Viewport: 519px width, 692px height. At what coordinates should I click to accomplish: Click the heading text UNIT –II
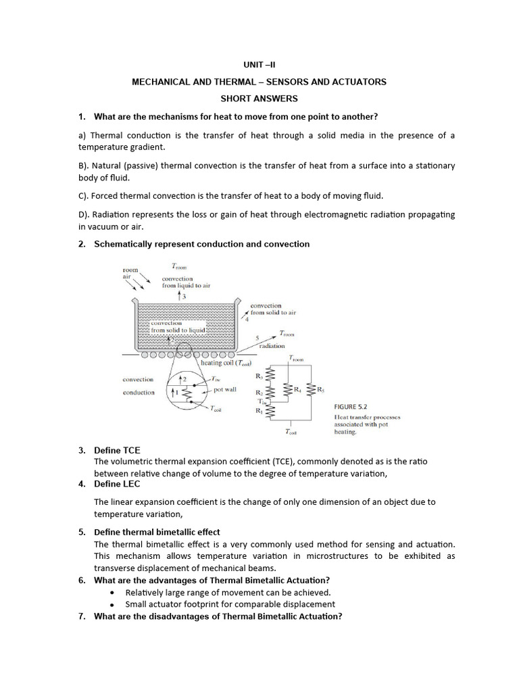(x=259, y=65)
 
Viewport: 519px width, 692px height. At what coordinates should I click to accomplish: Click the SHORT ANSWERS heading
(x=259, y=99)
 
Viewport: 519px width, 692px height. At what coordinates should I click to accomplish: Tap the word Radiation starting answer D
(x=101, y=214)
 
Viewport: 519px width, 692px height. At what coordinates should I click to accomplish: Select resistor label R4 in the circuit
(x=297, y=390)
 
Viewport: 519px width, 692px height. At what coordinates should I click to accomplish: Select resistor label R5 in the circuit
(x=320, y=390)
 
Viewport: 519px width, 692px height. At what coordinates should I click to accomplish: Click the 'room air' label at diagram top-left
(x=130, y=272)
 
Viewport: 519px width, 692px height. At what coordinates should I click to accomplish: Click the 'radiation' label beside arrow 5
(x=271, y=345)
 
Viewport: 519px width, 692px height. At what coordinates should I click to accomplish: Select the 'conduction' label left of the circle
(x=139, y=393)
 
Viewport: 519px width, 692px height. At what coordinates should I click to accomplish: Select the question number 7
(x=81, y=616)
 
